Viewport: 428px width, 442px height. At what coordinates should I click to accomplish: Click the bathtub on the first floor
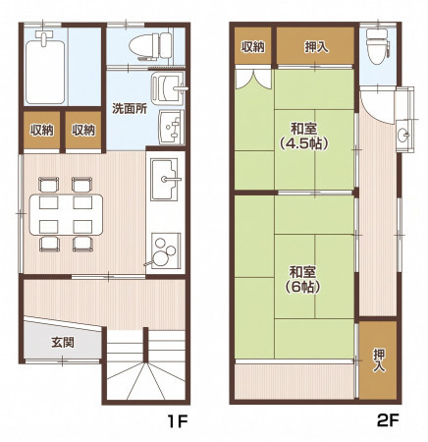pyautogui.click(x=45, y=72)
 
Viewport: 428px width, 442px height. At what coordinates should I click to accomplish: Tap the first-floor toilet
pyautogui.click(x=151, y=46)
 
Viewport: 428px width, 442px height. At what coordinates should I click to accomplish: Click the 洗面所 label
pyautogui.click(x=130, y=108)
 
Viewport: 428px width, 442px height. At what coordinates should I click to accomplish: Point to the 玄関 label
pyautogui.click(x=63, y=343)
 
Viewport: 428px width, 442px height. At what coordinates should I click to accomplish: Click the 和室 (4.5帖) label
pyautogui.click(x=304, y=136)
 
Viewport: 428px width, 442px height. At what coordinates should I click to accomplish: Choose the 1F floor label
pyautogui.click(x=177, y=420)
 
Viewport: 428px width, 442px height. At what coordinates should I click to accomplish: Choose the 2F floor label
pyautogui.click(x=389, y=420)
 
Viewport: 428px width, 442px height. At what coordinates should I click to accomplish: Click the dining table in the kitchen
pyautogui.click(x=66, y=214)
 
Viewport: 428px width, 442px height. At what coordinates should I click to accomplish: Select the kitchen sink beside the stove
pyautogui.click(x=164, y=180)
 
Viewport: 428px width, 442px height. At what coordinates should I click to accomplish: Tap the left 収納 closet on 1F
pyautogui.click(x=42, y=130)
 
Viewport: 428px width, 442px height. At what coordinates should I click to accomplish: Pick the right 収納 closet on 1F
pyautogui.click(x=83, y=130)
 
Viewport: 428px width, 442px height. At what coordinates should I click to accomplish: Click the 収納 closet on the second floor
pyautogui.click(x=253, y=46)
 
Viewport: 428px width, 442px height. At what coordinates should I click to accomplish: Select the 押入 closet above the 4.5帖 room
pyautogui.click(x=316, y=46)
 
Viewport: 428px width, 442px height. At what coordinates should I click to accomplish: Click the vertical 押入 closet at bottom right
pyautogui.click(x=378, y=360)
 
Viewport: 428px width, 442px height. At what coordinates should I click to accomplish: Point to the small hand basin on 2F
pyautogui.click(x=403, y=134)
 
